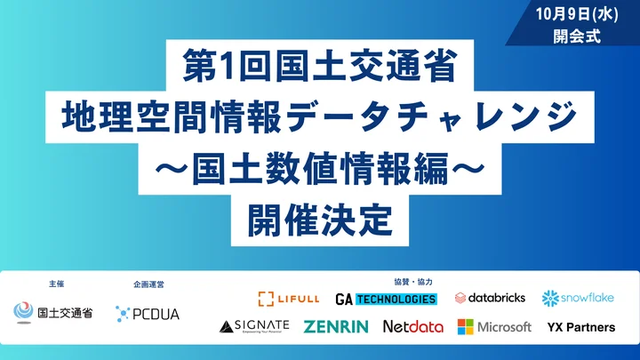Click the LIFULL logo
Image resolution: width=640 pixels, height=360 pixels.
(289, 299)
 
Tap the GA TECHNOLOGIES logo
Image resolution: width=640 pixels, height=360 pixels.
(386, 300)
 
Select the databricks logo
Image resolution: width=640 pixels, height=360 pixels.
(490, 298)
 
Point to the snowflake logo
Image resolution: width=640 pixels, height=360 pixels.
(578, 299)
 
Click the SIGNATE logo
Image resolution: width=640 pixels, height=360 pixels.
(254, 326)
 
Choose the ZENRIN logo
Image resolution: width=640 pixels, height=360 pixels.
(336, 326)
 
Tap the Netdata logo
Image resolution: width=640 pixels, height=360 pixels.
(413, 326)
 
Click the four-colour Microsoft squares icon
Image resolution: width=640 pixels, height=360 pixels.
(465, 327)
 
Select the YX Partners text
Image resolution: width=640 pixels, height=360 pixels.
(581, 327)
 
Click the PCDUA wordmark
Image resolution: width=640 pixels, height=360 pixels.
(156, 315)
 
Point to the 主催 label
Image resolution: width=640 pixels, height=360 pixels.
(56, 284)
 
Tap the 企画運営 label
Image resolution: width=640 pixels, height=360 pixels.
(148, 284)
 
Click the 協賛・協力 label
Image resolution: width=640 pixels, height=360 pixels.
(413, 282)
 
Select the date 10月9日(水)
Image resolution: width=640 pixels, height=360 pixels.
(577, 14)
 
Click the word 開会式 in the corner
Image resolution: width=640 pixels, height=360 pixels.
(577, 36)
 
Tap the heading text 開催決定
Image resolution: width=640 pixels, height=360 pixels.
(320, 220)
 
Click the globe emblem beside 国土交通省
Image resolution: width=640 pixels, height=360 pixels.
(23, 313)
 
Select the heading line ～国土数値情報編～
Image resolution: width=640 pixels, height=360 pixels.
(320, 168)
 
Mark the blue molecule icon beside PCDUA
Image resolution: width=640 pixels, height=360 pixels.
(122, 314)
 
